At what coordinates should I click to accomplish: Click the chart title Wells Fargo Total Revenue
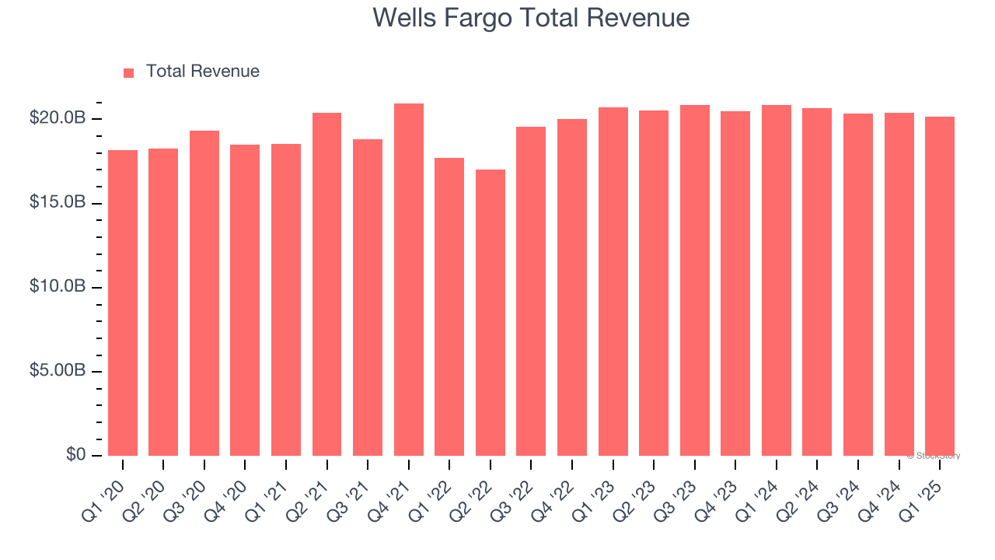[531, 17]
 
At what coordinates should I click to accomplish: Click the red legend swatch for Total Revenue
[129, 72]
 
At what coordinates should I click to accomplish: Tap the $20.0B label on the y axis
[57, 118]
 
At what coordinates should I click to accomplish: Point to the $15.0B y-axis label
[57, 202]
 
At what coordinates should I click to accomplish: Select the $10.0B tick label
[57, 287]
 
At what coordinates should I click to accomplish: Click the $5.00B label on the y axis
[57, 371]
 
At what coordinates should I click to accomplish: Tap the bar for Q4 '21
[409, 280]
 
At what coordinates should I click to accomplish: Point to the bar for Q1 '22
[449, 307]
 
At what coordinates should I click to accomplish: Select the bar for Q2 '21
[326, 285]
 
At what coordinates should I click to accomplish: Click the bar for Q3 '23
[695, 280]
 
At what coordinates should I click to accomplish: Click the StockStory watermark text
[934, 456]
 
